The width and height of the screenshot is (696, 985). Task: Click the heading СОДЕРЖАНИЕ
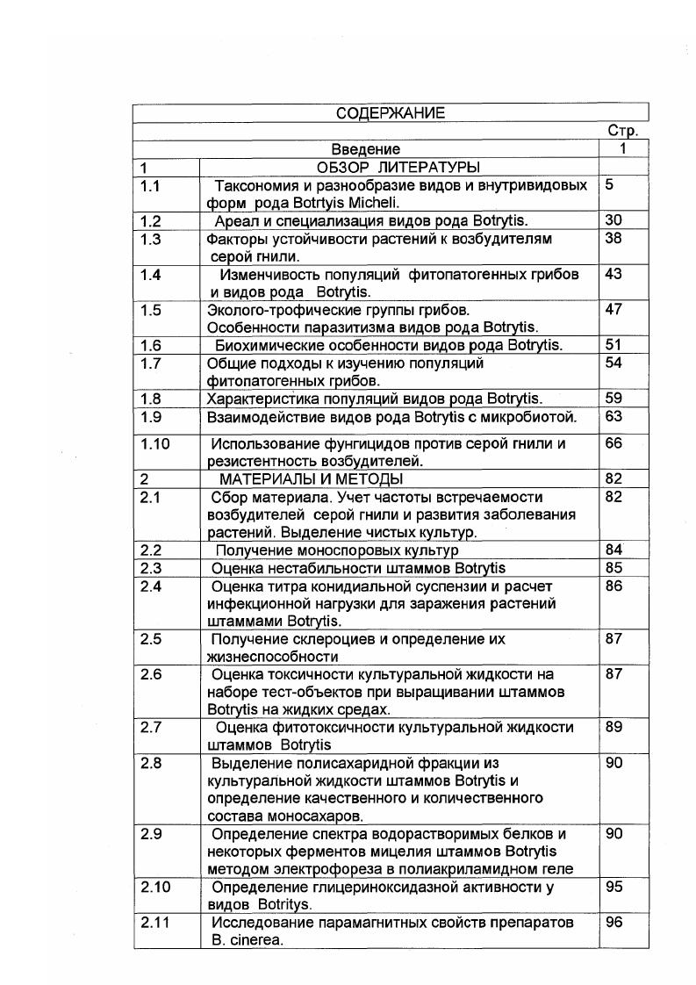pos(391,112)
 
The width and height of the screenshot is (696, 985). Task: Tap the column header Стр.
pos(622,131)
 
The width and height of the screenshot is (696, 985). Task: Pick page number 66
pos(613,444)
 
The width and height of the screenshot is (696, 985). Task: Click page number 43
pos(613,275)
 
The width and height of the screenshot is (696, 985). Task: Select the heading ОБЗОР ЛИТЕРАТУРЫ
pos(397,167)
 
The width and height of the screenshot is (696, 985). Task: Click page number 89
pos(613,727)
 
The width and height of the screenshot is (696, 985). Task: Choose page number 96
pos(613,923)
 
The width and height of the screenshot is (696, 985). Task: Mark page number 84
pos(613,550)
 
